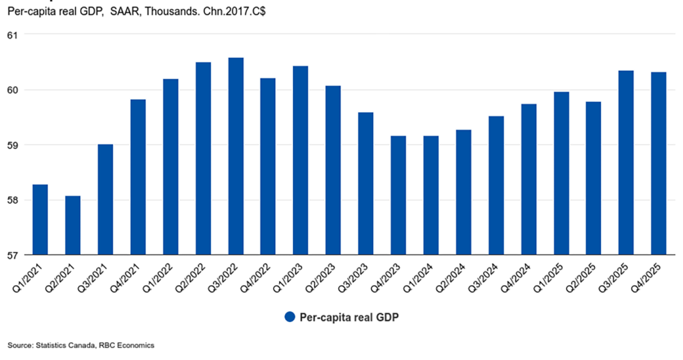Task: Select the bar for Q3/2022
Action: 236,156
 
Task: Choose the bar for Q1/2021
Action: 40,220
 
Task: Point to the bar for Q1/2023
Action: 300,160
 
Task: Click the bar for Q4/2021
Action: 138,177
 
